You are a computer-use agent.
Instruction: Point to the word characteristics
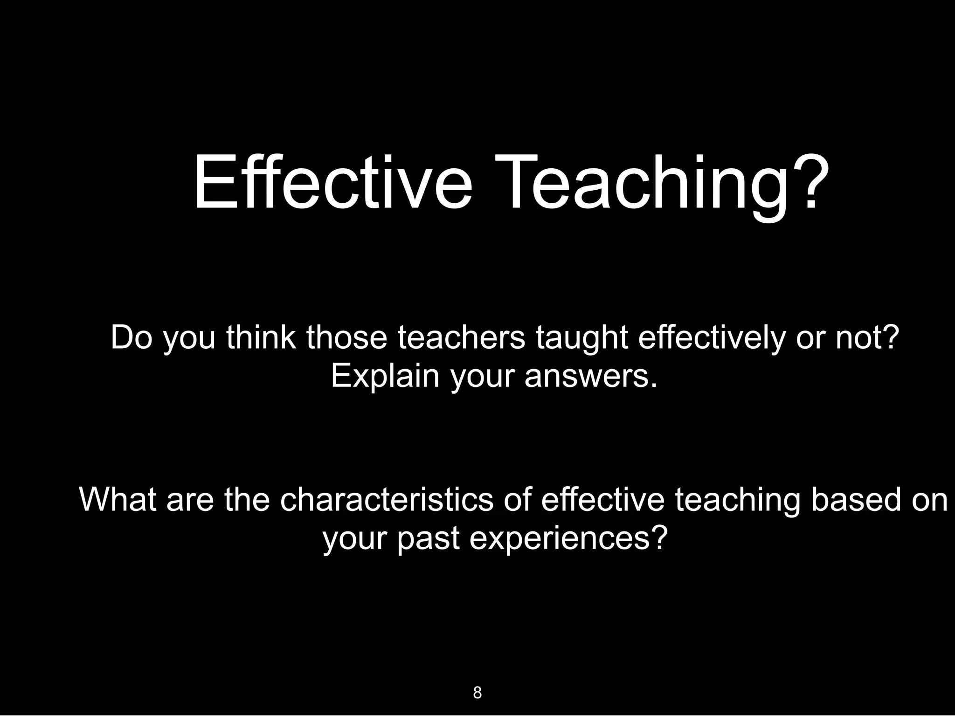[x=387, y=499]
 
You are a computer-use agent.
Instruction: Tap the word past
[x=428, y=538]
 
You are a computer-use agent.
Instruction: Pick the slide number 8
[x=477, y=693]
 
